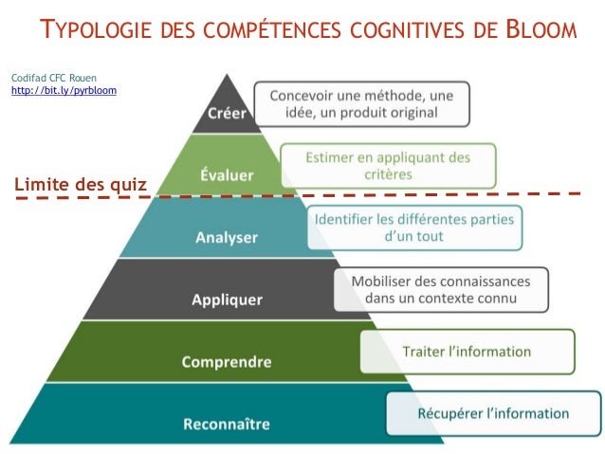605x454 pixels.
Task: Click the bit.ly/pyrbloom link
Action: (63, 90)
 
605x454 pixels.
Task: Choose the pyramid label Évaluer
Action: (227, 175)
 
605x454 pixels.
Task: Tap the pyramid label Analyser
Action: (226, 237)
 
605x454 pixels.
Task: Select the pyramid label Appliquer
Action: (227, 300)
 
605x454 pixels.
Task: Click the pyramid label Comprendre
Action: (227, 361)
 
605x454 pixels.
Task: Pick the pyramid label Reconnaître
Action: (227, 423)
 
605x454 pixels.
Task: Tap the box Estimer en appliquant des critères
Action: (387, 166)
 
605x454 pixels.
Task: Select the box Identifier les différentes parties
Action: (414, 227)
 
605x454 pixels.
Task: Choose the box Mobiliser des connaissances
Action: (440, 289)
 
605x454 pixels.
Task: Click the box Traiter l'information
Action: (467, 352)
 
